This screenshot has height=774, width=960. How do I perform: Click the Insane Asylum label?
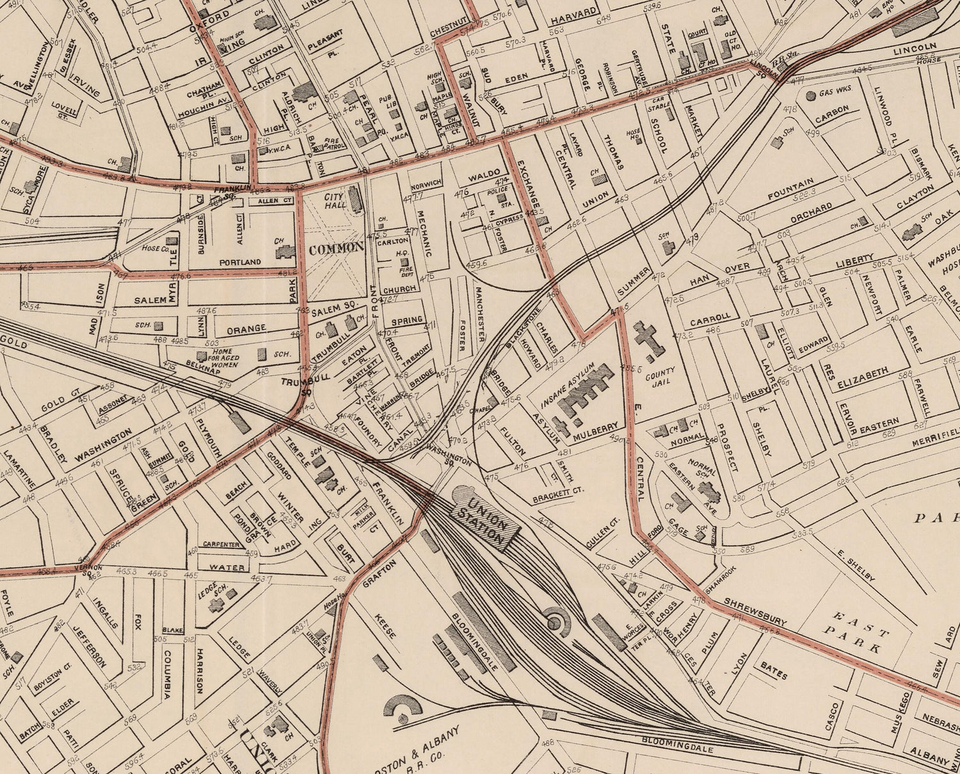568,385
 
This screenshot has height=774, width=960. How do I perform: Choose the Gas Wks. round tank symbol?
811,95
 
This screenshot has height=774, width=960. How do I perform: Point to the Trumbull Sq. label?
296,383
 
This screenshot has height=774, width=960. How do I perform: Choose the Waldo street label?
484,174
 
